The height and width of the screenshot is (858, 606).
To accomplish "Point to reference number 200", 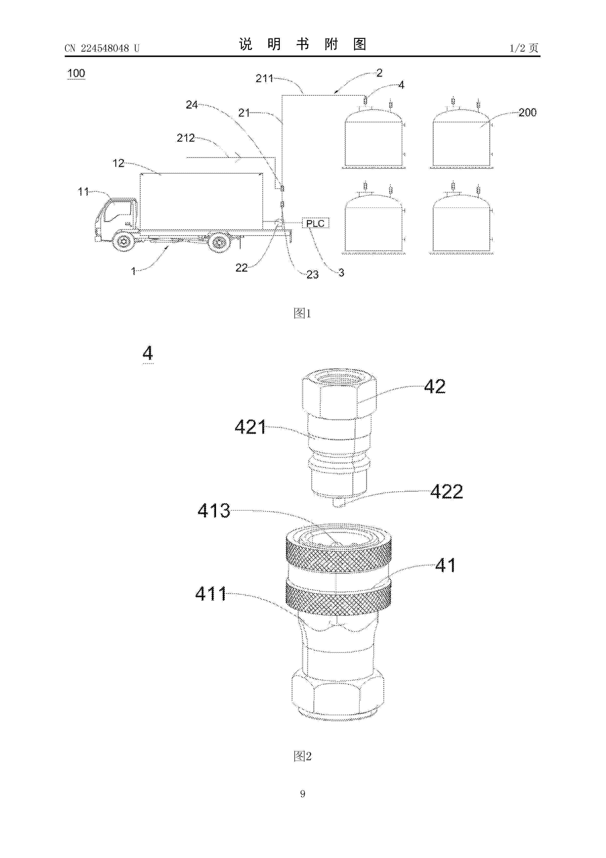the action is pos(527,113).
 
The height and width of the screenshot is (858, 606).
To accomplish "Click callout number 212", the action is pos(185,138).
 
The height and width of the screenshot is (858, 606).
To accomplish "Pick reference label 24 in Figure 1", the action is pos(192,105).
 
